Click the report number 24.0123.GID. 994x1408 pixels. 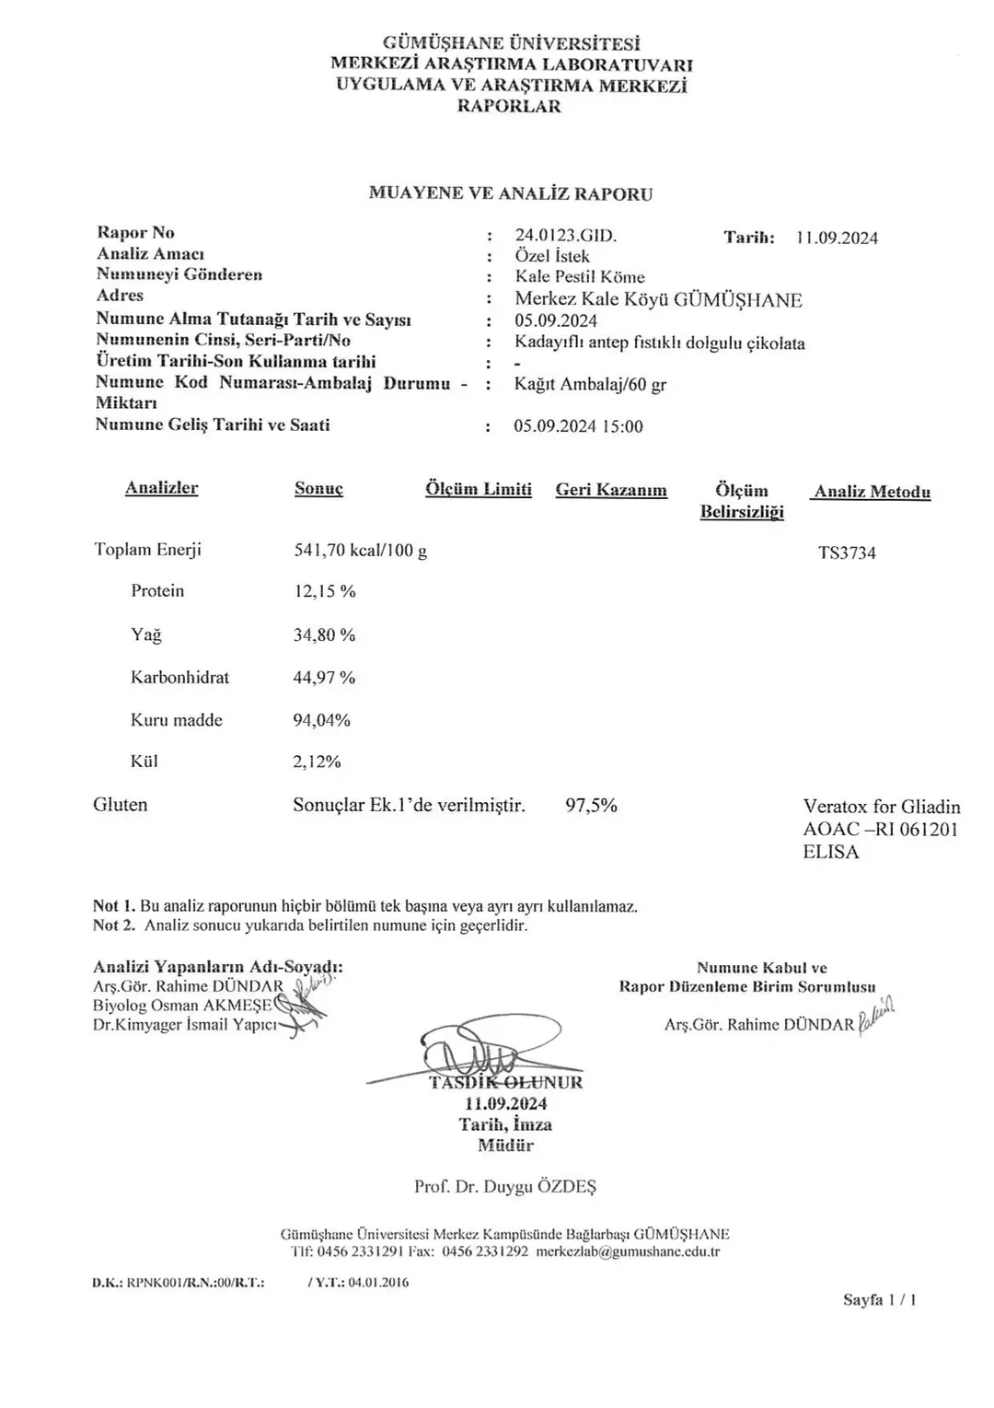[565, 236]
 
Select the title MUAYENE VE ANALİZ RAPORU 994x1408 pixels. [511, 193]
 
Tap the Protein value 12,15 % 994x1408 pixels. [324, 591]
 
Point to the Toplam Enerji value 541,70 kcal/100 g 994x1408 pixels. [360, 551]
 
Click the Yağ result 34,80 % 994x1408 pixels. [324, 634]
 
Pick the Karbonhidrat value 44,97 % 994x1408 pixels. [324, 678]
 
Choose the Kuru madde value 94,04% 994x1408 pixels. [321, 720]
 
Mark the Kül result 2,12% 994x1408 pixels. [317, 762]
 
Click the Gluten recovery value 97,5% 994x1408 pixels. [591, 806]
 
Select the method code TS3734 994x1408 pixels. [847, 553]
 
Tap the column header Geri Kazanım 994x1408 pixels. [611, 490]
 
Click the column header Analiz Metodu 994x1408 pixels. [872, 492]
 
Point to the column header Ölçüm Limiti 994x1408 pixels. [479, 489]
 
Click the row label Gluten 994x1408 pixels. [121, 805]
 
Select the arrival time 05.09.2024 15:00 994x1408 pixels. [578, 426]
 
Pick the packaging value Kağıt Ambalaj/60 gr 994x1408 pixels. [590, 385]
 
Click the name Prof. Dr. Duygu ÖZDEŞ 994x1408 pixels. [505, 1186]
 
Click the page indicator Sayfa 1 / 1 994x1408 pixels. [879, 1300]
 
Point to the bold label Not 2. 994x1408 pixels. [114, 925]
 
